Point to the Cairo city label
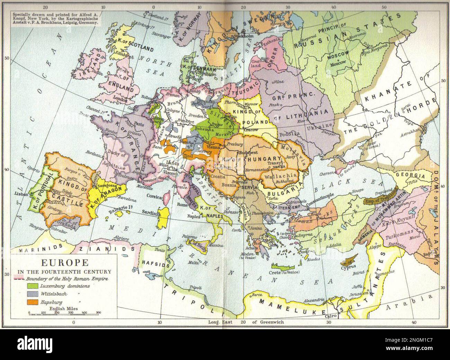(x=330, y=316)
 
